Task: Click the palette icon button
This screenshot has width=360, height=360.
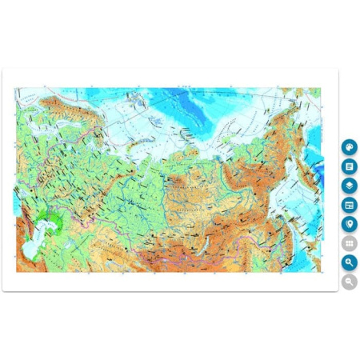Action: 349,147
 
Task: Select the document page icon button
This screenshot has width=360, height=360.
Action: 349,166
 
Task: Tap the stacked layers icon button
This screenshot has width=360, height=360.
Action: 349,186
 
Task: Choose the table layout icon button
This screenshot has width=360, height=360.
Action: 349,205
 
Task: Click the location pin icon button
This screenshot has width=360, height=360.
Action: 349,224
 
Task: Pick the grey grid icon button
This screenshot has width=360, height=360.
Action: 349,243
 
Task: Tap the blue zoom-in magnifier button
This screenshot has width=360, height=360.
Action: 349,262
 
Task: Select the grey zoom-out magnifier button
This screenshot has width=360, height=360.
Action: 349,282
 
